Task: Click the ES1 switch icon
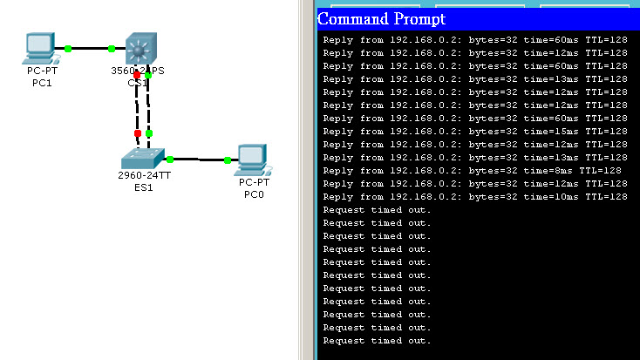pyautogui.click(x=142, y=159)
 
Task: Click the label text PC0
pyautogui.click(x=255, y=194)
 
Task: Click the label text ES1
pyautogui.click(x=142, y=187)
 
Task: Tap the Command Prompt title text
pyautogui.click(x=381, y=18)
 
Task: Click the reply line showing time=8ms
pyautogui.click(x=472, y=171)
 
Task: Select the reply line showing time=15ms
pyautogui.click(x=475, y=132)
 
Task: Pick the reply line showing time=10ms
pyautogui.click(x=475, y=197)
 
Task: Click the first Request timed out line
pyautogui.click(x=377, y=210)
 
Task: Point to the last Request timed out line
pyautogui.click(x=377, y=341)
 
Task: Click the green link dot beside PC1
pyautogui.click(x=67, y=48)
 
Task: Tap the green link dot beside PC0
pyautogui.click(x=227, y=160)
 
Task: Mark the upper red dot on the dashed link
pyautogui.click(x=137, y=76)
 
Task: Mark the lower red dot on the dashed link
pyautogui.click(x=137, y=133)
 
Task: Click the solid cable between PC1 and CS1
pyautogui.click(x=90, y=48)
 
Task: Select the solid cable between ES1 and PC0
pyautogui.click(x=199, y=160)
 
